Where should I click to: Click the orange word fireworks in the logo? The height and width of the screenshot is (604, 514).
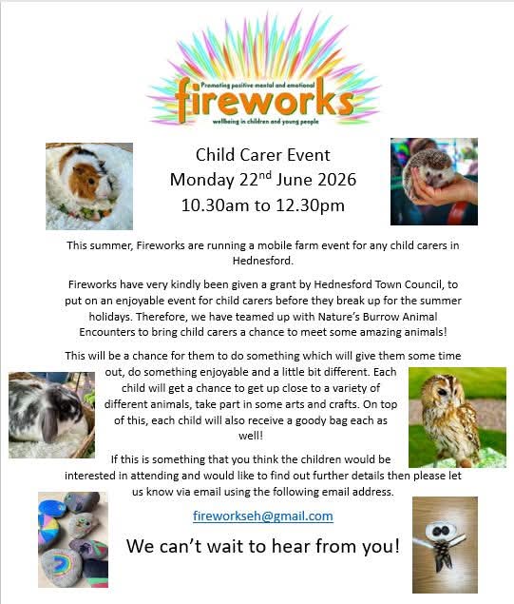tap(264, 100)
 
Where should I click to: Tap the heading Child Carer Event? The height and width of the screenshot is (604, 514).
tap(263, 155)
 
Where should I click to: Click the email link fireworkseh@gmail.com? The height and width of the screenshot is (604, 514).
tap(263, 516)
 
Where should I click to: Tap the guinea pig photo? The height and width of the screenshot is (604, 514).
tap(89, 186)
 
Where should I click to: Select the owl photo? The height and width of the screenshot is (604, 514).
tap(457, 418)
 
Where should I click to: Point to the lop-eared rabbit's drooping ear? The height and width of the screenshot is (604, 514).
tap(50, 423)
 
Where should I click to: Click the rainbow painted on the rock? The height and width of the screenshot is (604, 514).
tap(61, 563)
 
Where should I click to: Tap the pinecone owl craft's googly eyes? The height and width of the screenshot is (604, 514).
tap(441, 531)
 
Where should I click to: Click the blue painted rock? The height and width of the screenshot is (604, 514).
tap(51, 507)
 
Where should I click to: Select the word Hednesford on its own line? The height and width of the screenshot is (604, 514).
tap(263, 261)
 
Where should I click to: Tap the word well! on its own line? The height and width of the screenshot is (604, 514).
tap(251, 436)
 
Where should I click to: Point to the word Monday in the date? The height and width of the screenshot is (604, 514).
tap(202, 180)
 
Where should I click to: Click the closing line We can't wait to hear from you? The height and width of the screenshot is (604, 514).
tap(263, 546)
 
